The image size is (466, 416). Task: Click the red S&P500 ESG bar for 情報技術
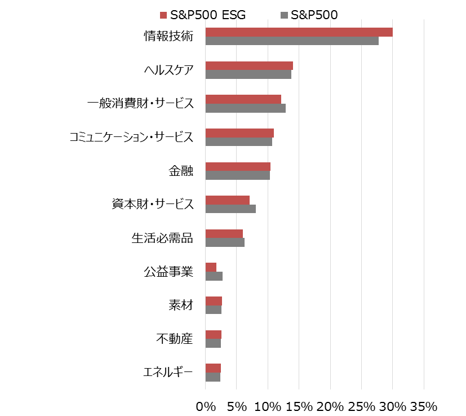tap(299, 32)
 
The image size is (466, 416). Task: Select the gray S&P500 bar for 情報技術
tap(292, 41)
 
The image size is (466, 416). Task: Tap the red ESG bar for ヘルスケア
tap(249, 65)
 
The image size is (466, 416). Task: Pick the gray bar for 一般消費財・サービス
tap(245, 108)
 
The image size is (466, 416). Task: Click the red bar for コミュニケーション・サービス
tap(239, 133)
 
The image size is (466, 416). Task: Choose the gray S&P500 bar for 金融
tap(237, 175)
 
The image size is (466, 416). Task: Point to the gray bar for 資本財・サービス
tap(230, 209)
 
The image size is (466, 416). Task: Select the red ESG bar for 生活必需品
tap(224, 234)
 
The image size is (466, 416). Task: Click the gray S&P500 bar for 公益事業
tap(214, 276)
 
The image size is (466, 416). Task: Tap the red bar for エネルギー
tap(213, 368)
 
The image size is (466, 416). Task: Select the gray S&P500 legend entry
tap(309, 15)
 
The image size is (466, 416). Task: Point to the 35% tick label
tap(424, 406)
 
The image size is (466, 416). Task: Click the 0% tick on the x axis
tap(206, 406)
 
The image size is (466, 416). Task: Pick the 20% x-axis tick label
tap(330, 406)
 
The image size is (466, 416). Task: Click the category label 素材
tap(180, 306)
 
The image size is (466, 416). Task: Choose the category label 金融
tap(180, 171)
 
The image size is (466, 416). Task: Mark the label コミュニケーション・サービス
tap(131, 137)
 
